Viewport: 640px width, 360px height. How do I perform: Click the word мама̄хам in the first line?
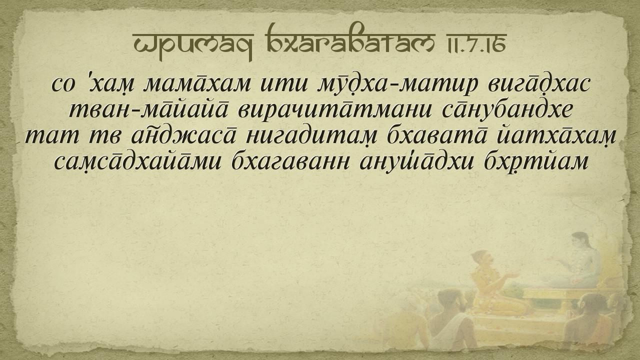click(197, 84)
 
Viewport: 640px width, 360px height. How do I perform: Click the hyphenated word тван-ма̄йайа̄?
click(149, 109)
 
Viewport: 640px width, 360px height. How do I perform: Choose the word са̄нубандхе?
click(507, 110)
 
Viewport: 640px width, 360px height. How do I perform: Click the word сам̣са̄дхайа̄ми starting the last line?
click(137, 163)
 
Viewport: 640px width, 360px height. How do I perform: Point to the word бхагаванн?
click(290, 163)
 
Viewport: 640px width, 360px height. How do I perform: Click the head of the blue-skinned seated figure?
click(579, 241)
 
